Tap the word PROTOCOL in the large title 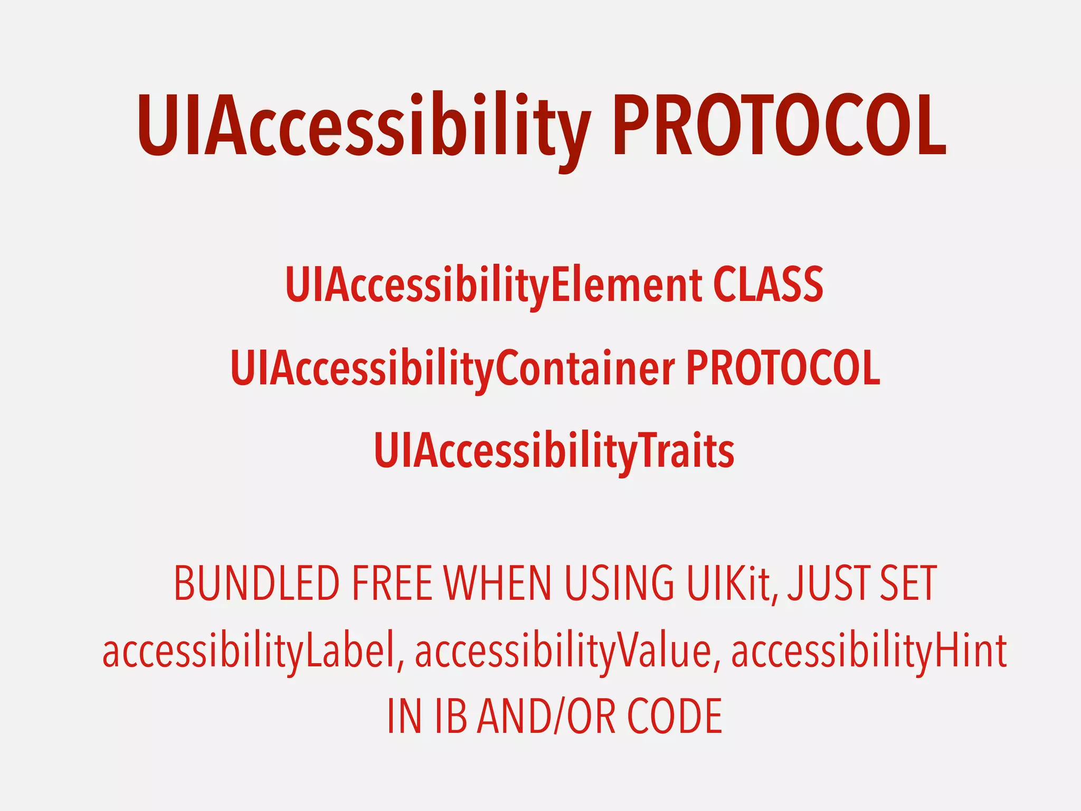tap(779, 127)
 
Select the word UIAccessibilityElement tap(494, 285)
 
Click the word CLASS tap(768, 285)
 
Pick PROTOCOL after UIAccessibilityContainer tap(783, 368)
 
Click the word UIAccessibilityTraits tap(554, 450)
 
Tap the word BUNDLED tap(257, 584)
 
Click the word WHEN tap(498, 584)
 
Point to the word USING tap(619, 584)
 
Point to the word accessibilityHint tap(869, 650)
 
